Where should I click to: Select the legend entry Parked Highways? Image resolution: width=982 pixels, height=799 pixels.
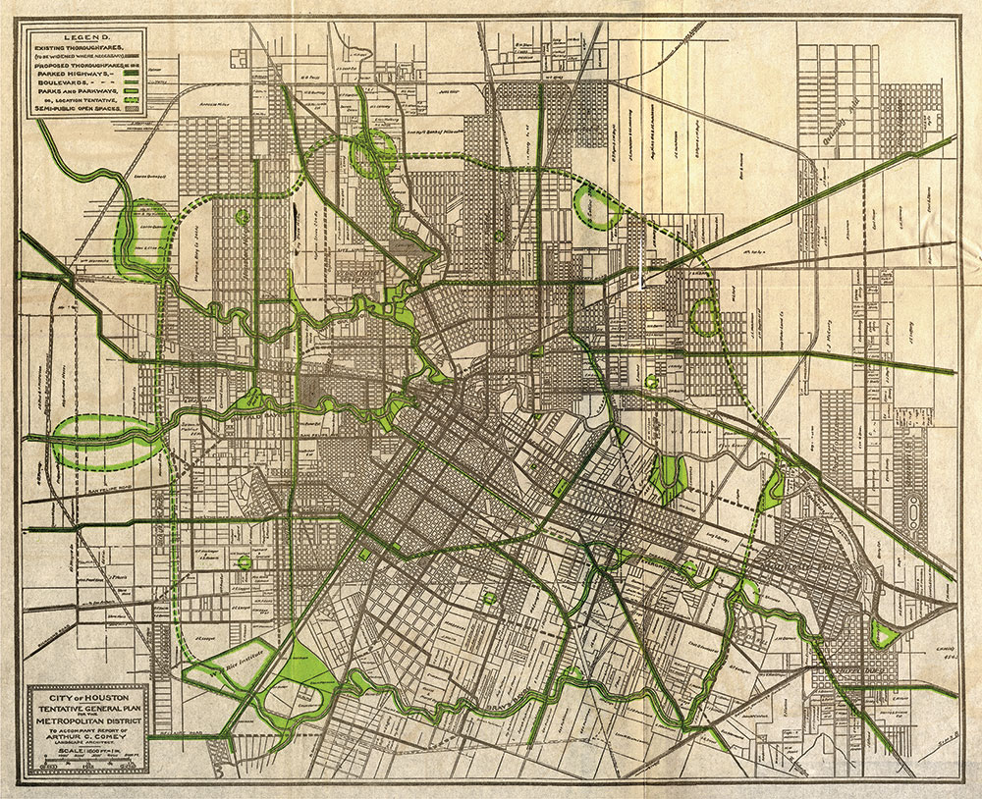71,73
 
